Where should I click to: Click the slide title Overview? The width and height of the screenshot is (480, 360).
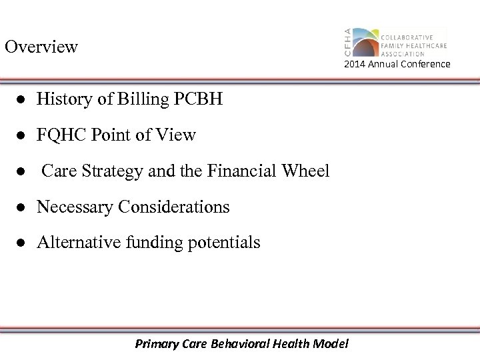click(41, 47)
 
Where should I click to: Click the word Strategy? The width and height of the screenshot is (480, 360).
click(112, 172)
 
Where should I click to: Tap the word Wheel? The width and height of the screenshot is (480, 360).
click(307, 171)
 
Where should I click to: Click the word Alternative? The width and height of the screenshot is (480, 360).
click(79, 243)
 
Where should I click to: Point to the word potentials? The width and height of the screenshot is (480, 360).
click(226, 243)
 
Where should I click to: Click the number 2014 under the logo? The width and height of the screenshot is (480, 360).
click(355, 64)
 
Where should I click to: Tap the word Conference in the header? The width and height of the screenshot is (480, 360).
click(425, 64)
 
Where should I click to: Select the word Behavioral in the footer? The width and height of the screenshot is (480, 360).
click(253, 344)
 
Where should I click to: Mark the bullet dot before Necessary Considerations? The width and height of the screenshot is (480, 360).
click(22, 208)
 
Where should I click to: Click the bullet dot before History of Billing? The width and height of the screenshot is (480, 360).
click(22, 101)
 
